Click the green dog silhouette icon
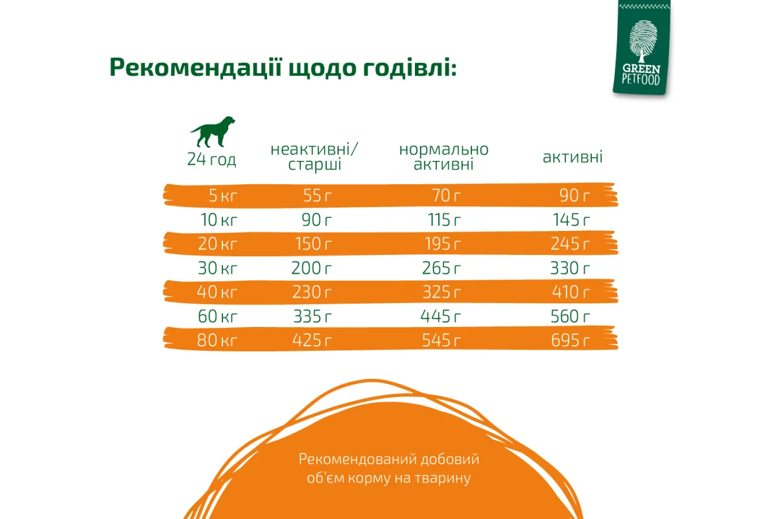coord(213,132)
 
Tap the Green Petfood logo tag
coord(641,47)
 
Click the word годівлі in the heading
coord(410,67)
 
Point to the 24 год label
coord(211,160)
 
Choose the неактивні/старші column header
coord(314,157)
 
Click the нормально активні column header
coord(443,157)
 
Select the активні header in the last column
coord(572,157)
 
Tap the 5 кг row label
coord(222,196)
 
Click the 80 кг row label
coord(217,341)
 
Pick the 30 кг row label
coord(217,268)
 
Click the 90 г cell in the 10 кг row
coord(316,220)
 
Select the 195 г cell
coord(443,244)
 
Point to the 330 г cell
coord(570,268)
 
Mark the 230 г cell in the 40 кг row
coord(312,292)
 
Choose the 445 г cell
coord(441,317)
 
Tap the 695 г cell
coord(571,341)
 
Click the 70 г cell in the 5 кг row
coord(446,196)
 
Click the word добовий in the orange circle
coord(450,459)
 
